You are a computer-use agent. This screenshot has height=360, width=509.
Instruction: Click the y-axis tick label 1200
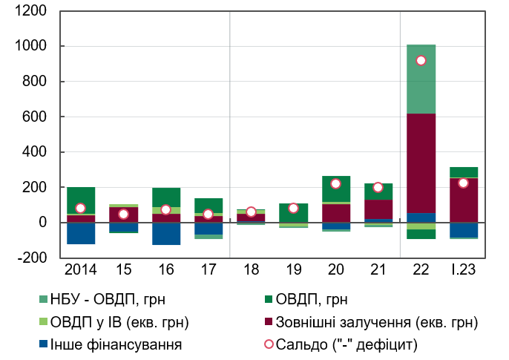pyautogui.click(x=30, y=11)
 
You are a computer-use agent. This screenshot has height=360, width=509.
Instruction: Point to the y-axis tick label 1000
pyautogui.click(x=30, y=46)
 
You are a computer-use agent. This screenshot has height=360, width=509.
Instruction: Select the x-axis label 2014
pyautogui.click(x=81, y=267)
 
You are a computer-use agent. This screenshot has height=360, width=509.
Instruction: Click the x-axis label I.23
pyautogui.click(x=464, y=267)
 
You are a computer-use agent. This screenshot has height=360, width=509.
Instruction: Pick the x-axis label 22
pyautogui.click(x=421, y=267)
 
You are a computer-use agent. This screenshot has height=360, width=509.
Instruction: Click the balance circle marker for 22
pyautogui.click(x=421, y=61)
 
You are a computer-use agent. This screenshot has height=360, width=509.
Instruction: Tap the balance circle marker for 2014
pyautogui.click(x=81, y=209)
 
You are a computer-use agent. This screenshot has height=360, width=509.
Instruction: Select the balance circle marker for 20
pyautogui.click(x=336, y=184)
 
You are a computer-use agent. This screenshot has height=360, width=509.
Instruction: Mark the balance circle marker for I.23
pyautogui.click(x=464, y=183)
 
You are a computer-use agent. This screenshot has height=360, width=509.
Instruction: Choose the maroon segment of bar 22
pyautogui.click(x=421, y=163)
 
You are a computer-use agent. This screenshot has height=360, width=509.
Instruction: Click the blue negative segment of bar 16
pyautogui.click(x=166, y=233)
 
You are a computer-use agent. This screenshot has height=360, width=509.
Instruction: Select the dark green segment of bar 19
pyautogui.click(x=294, y=213)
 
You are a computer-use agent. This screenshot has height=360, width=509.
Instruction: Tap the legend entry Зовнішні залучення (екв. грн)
pyautogui.click(x=375, y=322)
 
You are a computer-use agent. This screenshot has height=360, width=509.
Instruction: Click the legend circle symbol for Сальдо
pyautogui.click(x=269, y=344)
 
